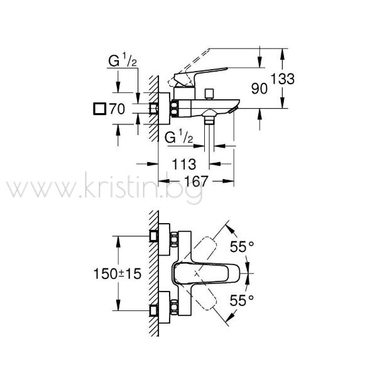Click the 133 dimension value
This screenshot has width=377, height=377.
click(x=283, y=79)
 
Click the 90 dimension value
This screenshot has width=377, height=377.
click(x=259, y=89)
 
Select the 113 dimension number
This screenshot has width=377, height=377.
click(x=184, y=165)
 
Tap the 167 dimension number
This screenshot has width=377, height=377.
click(x=195, y=182)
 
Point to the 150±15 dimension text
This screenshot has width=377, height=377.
click(x=117, y=274)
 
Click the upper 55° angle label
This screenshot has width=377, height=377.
click(x=242, y=247)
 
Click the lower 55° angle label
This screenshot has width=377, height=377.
click(x=242, y=300)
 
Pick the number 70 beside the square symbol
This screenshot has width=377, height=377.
click(x=117, y=109)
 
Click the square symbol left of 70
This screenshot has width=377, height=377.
click(x=99, y=109)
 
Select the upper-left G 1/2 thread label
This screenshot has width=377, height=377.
click(x=123, y=60)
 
